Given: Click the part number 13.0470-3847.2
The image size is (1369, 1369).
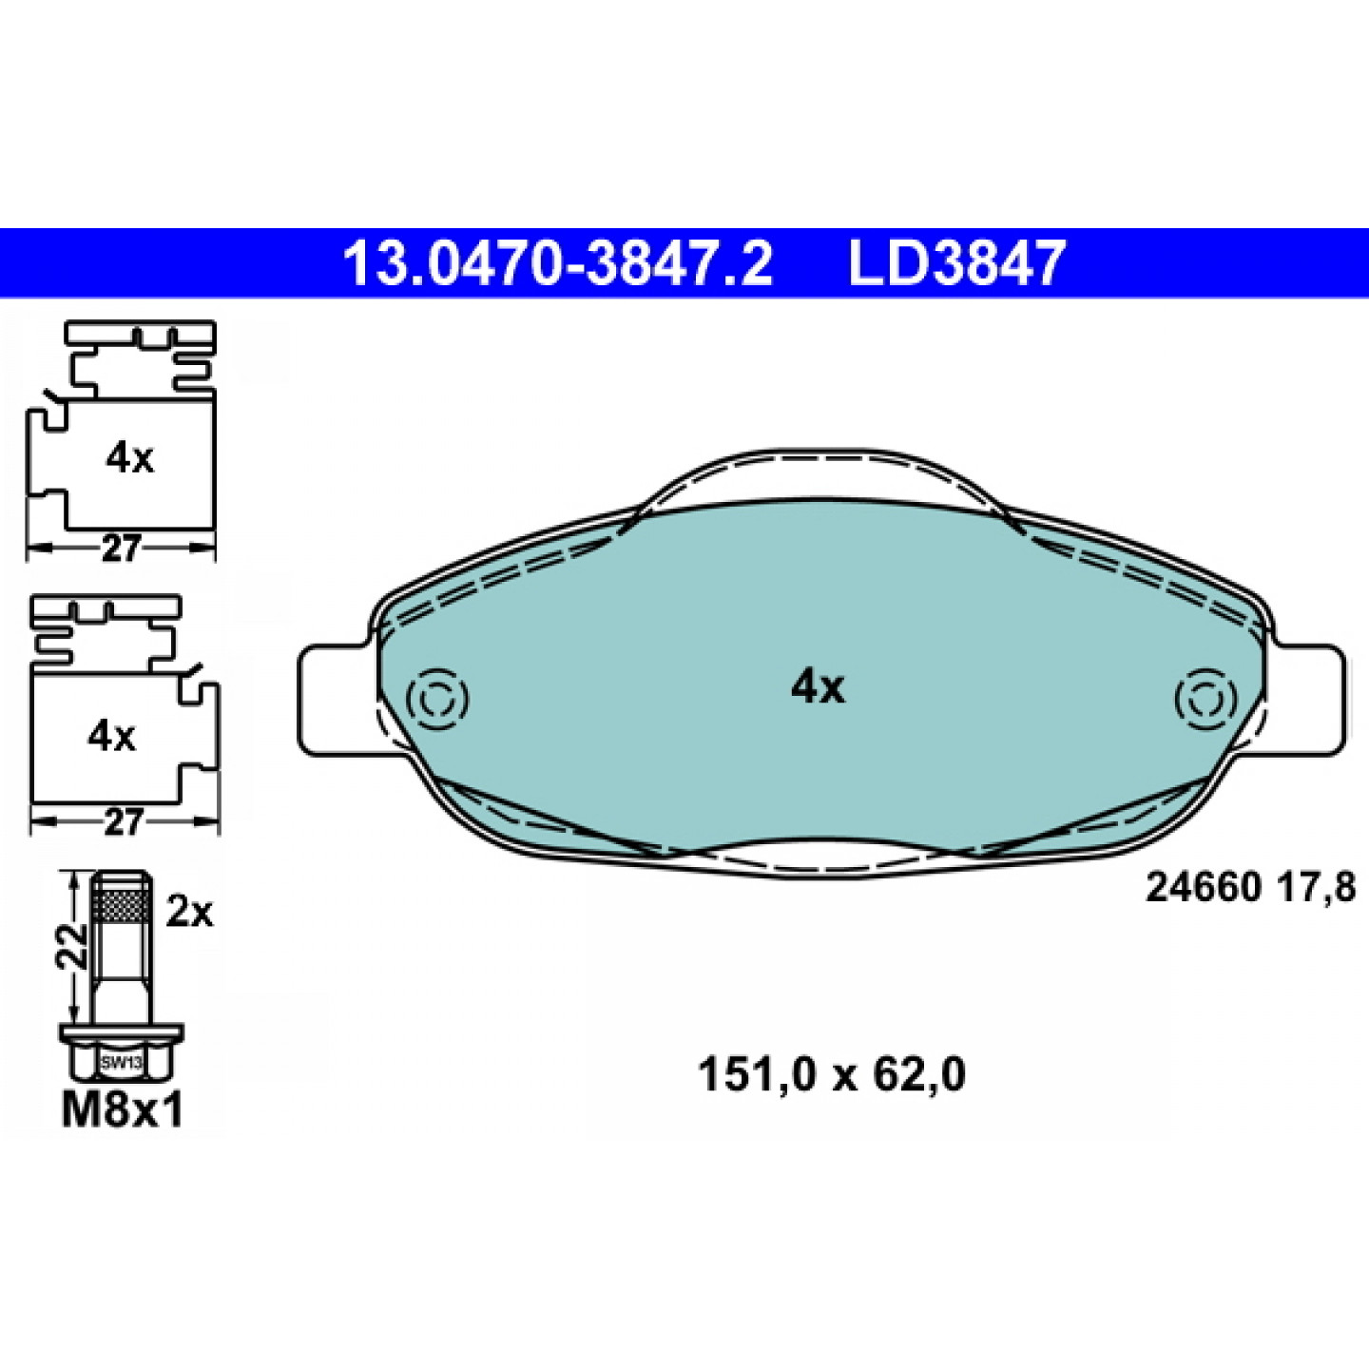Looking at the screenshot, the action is pyautogui.click(x=558, y=262).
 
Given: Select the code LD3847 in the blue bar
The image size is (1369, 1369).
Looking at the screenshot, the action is pyautogui.click(x=957, y=262).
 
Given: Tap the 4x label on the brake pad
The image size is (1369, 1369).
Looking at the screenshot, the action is pyautogui.click(x=819, y=688).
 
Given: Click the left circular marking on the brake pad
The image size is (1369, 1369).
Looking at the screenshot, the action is pyautogui.click(x=437, y=699).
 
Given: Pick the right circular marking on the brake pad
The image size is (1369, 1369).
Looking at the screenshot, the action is pyautogui.click(x=1205, y=699).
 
